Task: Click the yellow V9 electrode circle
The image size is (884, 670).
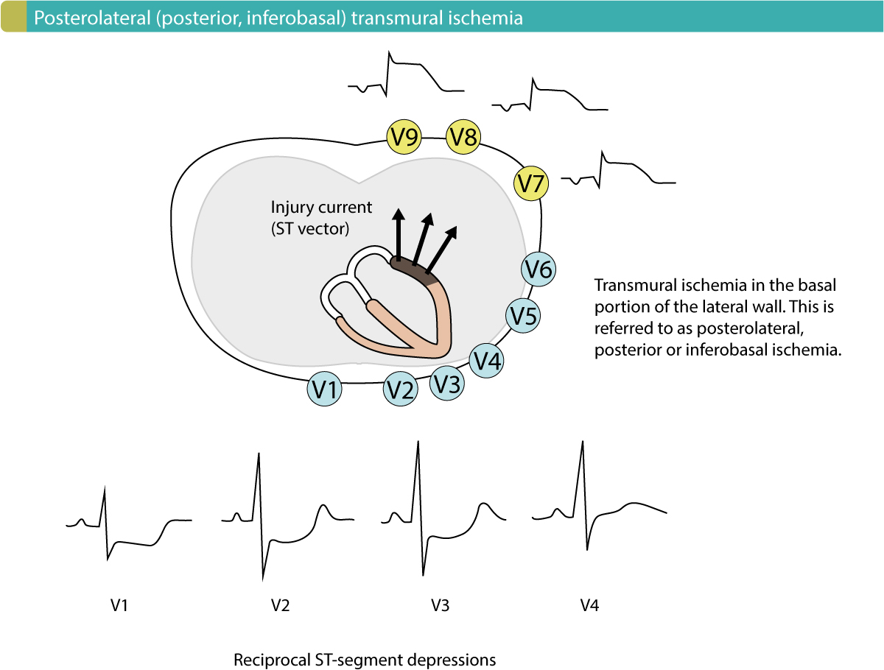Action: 404,137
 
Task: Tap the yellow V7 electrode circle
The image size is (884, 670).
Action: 530,183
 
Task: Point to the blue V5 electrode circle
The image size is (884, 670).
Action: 524,316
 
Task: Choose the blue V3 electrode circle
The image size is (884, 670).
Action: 448,383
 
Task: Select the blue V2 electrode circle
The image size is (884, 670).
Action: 401,389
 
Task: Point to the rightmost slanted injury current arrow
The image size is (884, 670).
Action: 442,247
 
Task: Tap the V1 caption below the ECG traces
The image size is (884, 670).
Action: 119,606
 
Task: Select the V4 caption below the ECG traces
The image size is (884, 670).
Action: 589,606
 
